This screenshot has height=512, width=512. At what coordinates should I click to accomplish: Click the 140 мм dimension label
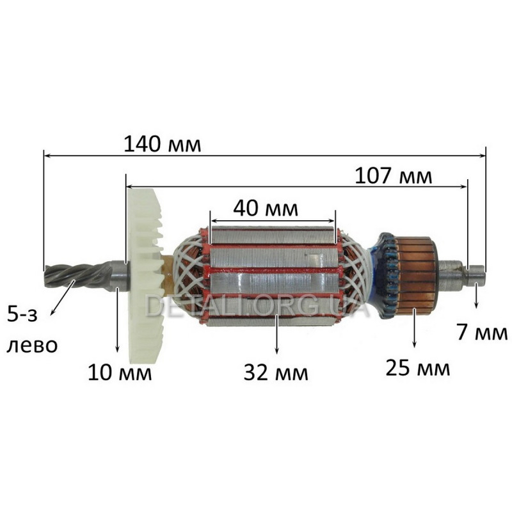tap(163, 144)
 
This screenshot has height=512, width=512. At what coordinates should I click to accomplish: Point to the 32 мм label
tap(276, 372)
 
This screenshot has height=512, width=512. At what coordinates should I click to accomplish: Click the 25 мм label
tap(418, 367)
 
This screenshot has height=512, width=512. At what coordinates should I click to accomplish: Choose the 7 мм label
tap(482, 332)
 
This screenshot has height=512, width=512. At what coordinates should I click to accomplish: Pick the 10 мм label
tap(120, 372)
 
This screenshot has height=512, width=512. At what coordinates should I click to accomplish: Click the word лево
tap(32, 346)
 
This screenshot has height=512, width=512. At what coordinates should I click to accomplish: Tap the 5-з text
tap(22, 316)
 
